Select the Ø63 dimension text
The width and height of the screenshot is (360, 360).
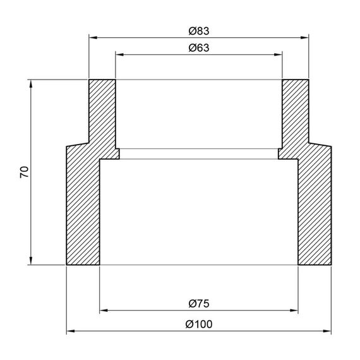click(x=198, y=47)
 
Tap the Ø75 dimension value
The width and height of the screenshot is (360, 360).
click(x=198, y=303)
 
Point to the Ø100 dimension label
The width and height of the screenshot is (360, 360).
click(x=198, y=323)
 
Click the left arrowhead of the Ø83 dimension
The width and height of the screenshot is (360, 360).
click(x=92, y=37)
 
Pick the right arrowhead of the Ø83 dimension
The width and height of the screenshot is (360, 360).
click(x=305, y=37)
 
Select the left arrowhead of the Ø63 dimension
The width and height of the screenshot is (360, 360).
click(x=119, y=54)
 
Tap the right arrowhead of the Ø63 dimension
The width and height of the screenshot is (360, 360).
click(x=278, y=54)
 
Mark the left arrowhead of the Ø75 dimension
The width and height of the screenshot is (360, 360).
click(x=104, y=311)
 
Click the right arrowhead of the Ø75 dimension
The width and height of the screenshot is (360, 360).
click(x=294, y=311)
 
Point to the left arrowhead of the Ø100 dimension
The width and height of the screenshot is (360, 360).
click(x=70, y=331)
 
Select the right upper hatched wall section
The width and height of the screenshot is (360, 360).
click(x=295, y=111)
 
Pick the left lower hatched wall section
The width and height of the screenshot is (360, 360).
click(x=83, y=208)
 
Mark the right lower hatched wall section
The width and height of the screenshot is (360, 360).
click(x=314, y=208)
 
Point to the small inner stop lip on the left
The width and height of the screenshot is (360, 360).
click(x=116, y=153)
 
